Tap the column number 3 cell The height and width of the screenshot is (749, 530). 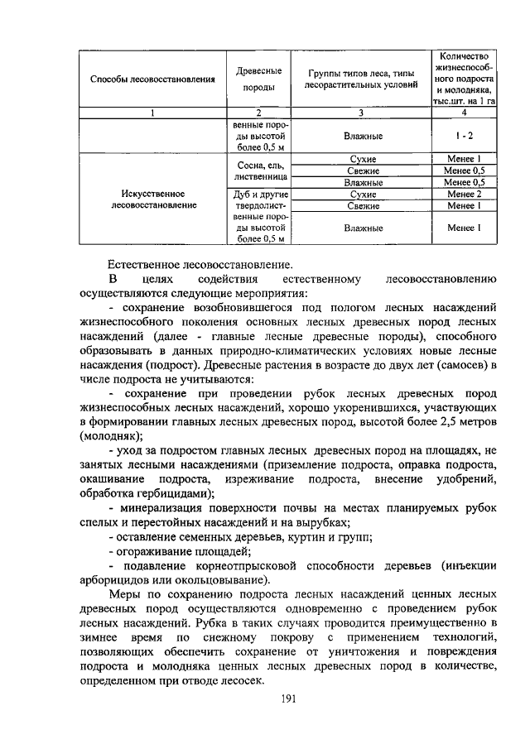[361, 113]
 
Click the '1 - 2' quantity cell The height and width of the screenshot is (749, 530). [464, 134]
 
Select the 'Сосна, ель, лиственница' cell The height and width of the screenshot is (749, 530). [258, 170]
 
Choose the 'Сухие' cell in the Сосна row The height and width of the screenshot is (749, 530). [361, 158]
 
